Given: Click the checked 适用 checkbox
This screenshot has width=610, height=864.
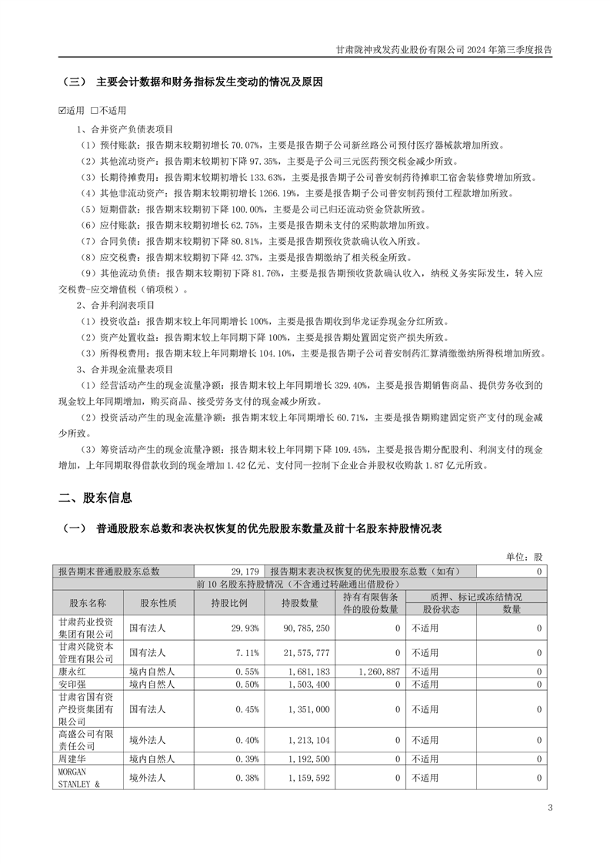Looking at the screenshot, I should click(x=63, y=110).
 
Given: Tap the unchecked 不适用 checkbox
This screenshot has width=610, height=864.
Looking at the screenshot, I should click(x=95, y=110).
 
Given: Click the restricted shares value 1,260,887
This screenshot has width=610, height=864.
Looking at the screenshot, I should click(x=378, y=671).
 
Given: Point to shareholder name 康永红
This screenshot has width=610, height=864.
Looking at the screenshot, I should click(x=72, y=671).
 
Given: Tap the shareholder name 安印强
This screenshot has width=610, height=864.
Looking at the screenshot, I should click(x=72, y=684).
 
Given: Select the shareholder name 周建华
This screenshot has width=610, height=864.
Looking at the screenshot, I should click(x=72, y=759).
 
